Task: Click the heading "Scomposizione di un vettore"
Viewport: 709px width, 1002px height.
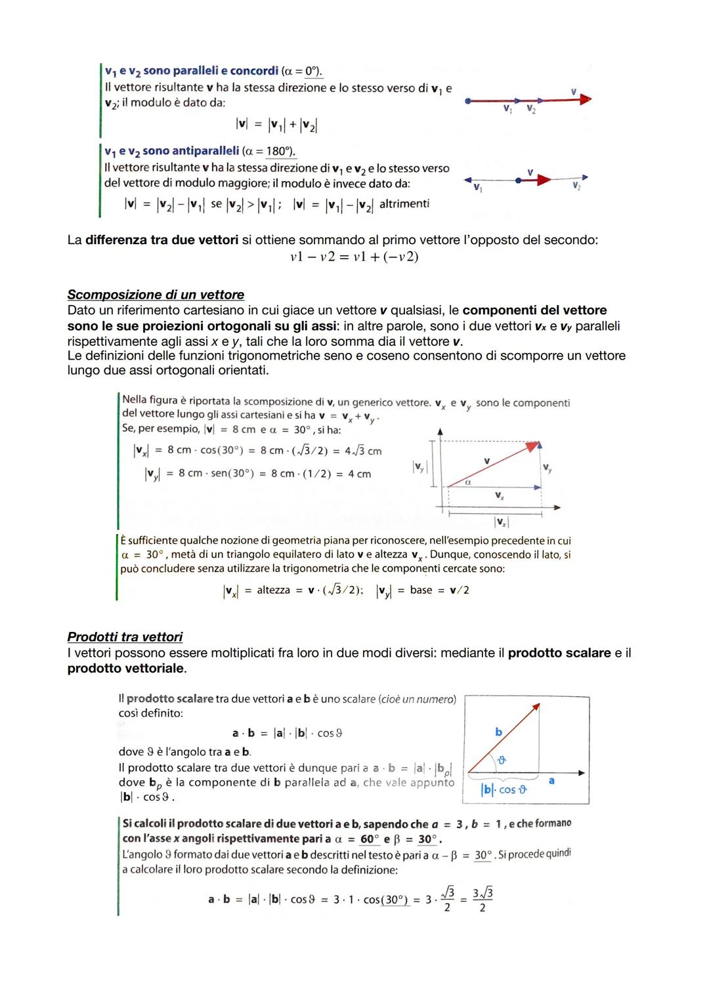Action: tap(156, 295)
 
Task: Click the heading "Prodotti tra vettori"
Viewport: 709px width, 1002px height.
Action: tap(125, 637)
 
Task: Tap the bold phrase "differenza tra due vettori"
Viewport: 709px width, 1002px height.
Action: tap(161, 240)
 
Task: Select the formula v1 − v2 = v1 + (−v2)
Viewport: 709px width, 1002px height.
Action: tap(354, 257)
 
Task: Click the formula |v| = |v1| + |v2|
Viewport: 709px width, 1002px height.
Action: tap(276, 125)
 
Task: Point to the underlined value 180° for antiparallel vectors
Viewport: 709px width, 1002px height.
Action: tap(280, 152)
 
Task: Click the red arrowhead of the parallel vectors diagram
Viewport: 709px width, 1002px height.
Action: tap(585, 100)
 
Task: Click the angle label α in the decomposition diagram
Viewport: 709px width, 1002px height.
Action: tap(468, 482)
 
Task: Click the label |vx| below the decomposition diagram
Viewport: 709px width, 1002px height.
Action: tap(501, 522)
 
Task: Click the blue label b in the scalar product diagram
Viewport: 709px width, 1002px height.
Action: tap(498, 732)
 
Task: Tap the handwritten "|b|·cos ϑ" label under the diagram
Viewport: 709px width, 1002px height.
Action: tap(505, 789)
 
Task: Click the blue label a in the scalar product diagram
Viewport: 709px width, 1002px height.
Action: tap(551, 780)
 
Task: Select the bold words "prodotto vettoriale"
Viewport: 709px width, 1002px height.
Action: tap(126, 669)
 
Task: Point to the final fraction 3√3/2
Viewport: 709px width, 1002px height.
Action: tap(483, 900)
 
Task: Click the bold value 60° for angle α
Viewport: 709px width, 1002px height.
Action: tap(370, 839)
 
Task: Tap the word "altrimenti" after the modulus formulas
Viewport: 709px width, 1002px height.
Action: tap(404, 204)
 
